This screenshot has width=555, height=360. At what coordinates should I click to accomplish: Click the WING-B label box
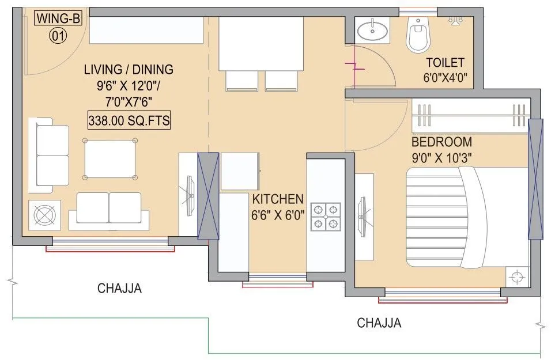59,18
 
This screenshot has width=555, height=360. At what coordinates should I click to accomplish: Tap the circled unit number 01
59,36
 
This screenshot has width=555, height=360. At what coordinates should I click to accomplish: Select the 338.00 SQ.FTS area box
129,121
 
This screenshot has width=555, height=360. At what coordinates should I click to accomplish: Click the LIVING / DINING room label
128,70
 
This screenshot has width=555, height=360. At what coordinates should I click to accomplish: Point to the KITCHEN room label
277,199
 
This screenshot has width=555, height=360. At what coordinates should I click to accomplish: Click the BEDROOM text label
441,142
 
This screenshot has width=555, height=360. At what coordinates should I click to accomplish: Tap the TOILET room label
445,63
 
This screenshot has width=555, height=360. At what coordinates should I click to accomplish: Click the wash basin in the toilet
372,29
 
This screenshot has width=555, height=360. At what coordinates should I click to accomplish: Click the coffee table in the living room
110,158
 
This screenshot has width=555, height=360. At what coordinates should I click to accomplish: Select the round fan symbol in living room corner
44,216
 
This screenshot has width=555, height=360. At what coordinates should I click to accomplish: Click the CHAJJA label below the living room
119,288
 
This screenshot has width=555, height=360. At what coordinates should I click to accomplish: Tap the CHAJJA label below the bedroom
379,323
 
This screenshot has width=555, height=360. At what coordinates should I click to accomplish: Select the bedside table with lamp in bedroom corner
516,278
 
